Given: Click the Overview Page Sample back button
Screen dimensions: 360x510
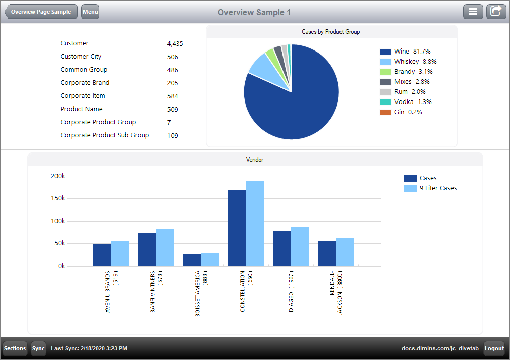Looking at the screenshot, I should pyautogui.click(x=41, y=12).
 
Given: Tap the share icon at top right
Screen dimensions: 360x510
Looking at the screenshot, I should pyautogui.click(x=496, y=12).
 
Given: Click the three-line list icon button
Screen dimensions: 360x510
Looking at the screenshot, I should pyautogui.click(x=473, y=12).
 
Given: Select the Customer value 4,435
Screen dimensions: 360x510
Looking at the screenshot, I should pyautogui.click(x=175, y=44).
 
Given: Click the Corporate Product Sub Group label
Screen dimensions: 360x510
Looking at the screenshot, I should pyautogui.click(x=104, y=135).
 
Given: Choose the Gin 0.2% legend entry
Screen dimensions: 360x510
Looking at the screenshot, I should pyautogui.click(x=401, y=112).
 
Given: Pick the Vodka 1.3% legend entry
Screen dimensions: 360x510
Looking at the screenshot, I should pyautogui.click(x=406, y=102).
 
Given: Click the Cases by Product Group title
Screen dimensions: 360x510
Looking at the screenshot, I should pyautogui.click(x=331, y=32).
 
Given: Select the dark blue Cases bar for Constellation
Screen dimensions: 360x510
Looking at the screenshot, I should pyautogui.click(x=237, y=228).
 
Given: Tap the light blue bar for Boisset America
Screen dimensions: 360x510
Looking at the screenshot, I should pyautogui.click(x=210, y=259).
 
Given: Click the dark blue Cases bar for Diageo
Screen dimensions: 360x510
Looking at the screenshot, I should pyautogui.click(x=281, y=248).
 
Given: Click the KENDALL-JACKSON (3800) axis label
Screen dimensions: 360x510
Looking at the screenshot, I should pyautogui.click(x=336, y=293).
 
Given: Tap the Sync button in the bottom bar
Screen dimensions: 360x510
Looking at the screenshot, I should pyautogui.click(x=38, y=348).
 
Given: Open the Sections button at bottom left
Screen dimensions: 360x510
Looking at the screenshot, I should pyautogui.click(x=15, y=348).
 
